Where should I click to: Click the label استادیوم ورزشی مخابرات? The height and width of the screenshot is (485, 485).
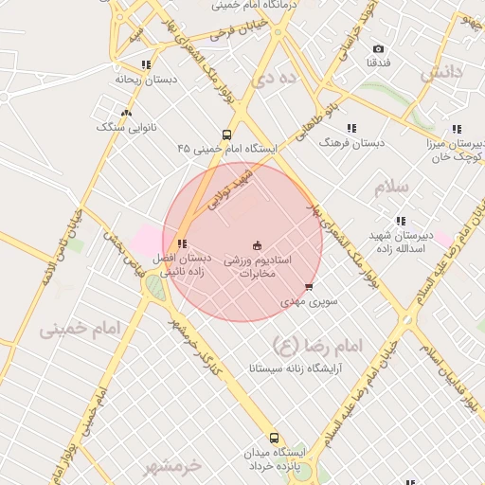257,266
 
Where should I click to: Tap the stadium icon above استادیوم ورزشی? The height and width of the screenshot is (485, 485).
258,244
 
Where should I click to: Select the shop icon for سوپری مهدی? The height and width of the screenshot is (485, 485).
309,287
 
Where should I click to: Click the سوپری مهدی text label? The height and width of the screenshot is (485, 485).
303,302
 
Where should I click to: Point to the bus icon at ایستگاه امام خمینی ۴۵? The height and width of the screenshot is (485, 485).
226,135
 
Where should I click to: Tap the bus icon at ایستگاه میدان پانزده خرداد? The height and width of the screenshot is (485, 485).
274,438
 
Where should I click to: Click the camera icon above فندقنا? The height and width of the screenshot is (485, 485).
379,49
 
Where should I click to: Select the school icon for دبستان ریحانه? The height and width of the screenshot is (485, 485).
145,65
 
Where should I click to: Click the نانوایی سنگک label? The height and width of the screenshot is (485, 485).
131,126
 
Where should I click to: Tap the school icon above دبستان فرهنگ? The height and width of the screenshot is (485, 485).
351,128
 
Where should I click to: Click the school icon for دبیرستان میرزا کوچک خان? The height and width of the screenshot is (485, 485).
457,129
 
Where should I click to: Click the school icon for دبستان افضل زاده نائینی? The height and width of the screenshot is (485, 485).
182,243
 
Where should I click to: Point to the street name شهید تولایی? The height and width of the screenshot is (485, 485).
231,192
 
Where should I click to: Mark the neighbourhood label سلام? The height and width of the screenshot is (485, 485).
390,187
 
